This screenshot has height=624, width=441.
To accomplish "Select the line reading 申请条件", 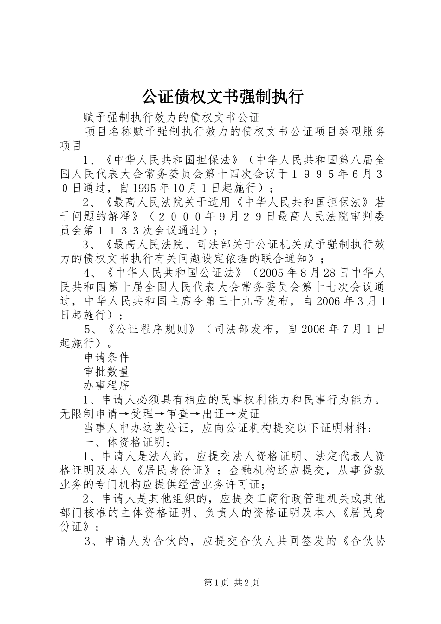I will click(x=106, y=357).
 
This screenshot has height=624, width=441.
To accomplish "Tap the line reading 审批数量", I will click(x=106, y=371).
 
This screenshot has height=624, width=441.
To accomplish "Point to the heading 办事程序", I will click(x=106, y=385).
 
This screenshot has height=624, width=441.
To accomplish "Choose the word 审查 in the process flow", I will click(x=178, y=414).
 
